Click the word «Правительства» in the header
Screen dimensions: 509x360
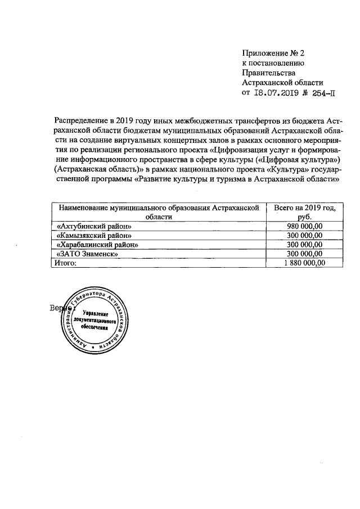pyautogui.click(x=268, y=73)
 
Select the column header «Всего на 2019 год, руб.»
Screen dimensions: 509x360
pyautogui.click(x=304, y=212)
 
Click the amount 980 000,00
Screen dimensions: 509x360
pyautogui.click(x=304, y=226)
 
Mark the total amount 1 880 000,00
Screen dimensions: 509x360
pyautogui.click(x=304, y=263)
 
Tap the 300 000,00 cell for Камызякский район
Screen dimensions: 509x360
pyautogui.click(x=304, y=235)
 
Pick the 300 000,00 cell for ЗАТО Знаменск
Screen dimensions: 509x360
pyautogui.click(x=304, y=254)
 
